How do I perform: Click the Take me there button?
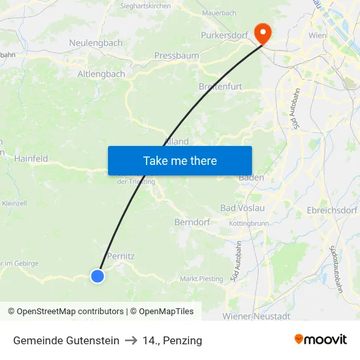(179, 160)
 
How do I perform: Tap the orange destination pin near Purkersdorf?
(263, 33)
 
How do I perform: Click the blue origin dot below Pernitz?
(98, 276)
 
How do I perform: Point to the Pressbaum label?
(176, 56)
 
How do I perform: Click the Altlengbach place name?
(101, 74)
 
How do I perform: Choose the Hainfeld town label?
(31, 158)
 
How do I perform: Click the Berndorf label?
(192, 223)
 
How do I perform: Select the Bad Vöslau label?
(242, 208)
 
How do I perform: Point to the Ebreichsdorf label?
(332, 211)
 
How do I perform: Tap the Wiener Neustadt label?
(256, 316)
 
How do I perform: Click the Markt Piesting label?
(202, 279)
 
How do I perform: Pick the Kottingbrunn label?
(249, 224)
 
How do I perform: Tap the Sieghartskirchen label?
(145, 6)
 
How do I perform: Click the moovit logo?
(321, 340)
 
